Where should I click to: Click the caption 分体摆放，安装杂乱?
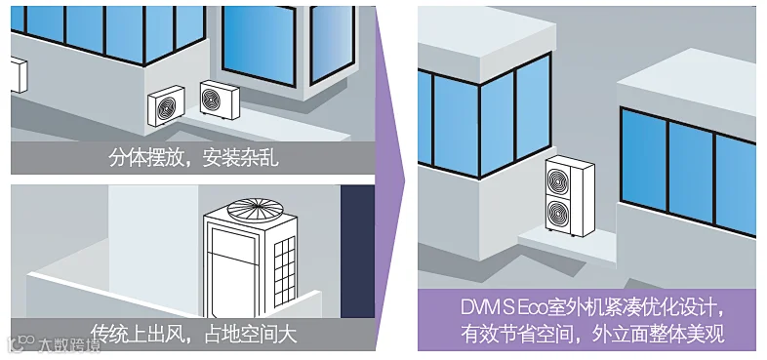click(x=193, y=158)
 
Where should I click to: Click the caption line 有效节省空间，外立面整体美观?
click(x=592, y=335)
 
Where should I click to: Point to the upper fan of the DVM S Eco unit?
click(x=558, y=179)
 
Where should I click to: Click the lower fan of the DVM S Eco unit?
click(x=558, y=213)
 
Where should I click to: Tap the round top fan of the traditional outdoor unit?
click(x=256, y=209)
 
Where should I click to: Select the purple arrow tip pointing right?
click(x=405, y=180)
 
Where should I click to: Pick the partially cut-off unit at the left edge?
click(x=19, y=75)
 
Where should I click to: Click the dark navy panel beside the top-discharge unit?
click(x=357, y=252)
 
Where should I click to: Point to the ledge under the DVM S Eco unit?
click(x=567, y=247)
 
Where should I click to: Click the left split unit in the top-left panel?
click(x=166, y=105)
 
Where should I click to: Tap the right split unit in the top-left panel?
click(x=220, y=100)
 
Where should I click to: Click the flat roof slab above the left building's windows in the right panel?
click(x=487, y=41)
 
